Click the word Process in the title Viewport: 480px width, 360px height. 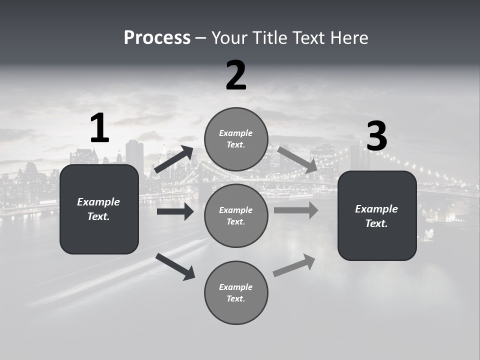click(157, 38)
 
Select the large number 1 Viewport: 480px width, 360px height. click(99, 128)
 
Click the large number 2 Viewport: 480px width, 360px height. click(236, 76)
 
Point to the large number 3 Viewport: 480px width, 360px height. click(376, 136)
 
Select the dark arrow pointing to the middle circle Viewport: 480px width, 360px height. click(175, 211)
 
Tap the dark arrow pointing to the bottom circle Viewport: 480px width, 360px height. click(175, 266)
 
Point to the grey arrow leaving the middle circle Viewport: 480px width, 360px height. click(296, 210)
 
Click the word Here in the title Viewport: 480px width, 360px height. click(350, 38)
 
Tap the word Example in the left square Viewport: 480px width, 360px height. click(98, 202)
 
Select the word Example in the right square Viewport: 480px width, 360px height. click(376, 209)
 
